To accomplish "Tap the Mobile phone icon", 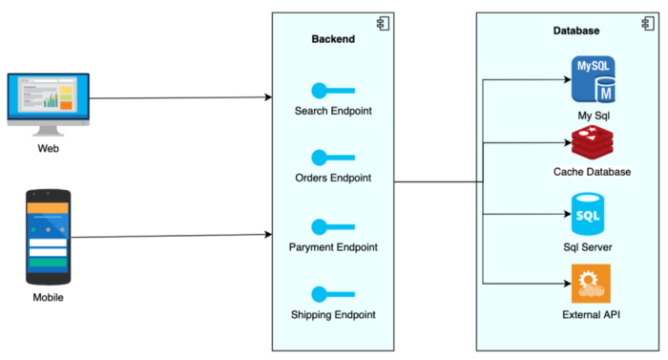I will (x=48, y=236).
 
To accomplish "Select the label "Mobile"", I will (x=48, y=298).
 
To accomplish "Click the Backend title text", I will (x=333, y=39).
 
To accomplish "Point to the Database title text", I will (x=576, y=31).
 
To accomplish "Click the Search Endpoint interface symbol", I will (x=333, y=91).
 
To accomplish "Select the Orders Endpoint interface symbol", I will (x=333, y=158).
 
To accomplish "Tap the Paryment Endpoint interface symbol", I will (x=333, y=227).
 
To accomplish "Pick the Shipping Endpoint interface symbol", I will (x=333, y=294).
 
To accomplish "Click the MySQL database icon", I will (x=593, y=79).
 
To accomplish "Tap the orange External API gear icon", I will (x=591, y=284).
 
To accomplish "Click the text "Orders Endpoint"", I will (x=333, y=179).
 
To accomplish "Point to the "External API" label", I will (x=592, y=314).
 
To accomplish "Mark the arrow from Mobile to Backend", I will (x=172, y=235).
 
